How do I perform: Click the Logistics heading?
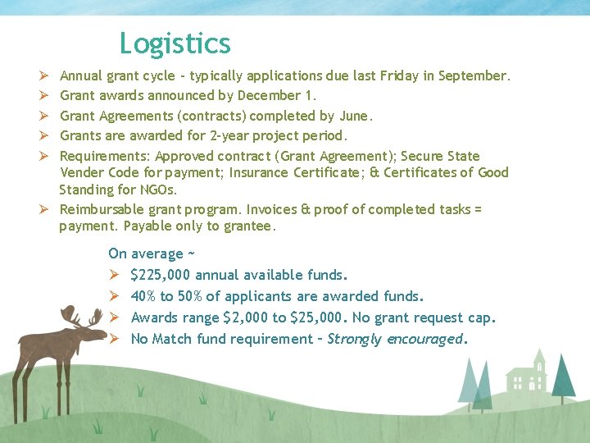[x=175, y=43]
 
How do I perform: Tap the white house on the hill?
[x=526, y=374]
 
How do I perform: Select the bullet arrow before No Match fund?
[x=115, y=339]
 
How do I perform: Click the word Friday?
[x=397, y=76]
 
